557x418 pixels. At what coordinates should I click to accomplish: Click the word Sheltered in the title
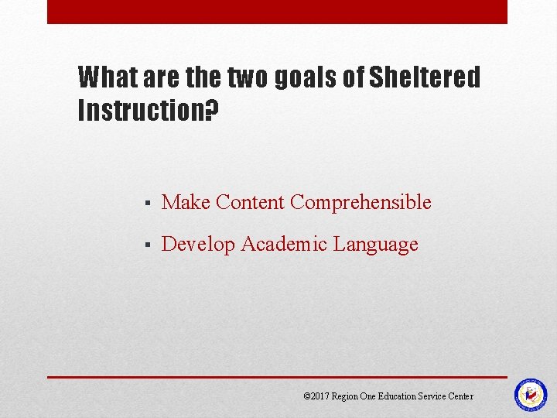(x=425, y=77)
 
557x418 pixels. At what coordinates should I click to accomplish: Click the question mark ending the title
(x=212, y=111)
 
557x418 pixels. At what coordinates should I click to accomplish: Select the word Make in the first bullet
(x=186, y=203)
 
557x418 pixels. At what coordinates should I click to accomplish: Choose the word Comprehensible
(x=361, y=203)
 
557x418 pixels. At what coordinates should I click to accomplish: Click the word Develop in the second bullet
(x=198, y=245)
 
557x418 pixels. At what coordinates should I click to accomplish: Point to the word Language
(x=376, y=245)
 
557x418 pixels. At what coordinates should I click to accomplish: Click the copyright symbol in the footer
(x=306, y=396)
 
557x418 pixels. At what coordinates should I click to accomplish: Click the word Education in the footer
(x=397, y=396)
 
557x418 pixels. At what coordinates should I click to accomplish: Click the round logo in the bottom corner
(x=531, y=394)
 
